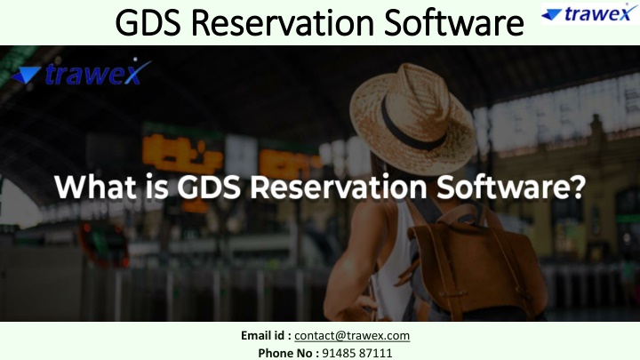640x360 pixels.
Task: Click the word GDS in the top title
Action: (x=148, y=22)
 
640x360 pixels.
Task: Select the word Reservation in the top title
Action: (x=283, y=22)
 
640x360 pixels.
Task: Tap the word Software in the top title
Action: (x=454, y=22)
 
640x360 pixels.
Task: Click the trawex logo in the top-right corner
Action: (x=590, y=13)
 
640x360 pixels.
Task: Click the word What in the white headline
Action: (x=95, y=187)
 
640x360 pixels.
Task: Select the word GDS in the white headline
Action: (x=209, y=187)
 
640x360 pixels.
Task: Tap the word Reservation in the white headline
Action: (x=339, y=187)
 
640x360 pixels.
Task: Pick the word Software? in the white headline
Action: (x=511, y=187)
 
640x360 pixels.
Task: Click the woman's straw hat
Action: (x=413, y=118)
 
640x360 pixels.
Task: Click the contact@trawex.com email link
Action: (x=352, y=335)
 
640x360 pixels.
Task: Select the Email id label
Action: (x=266, y=335)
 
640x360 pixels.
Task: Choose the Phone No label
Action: (x=289, y=353)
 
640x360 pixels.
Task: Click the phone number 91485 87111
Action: (x=357, y=353)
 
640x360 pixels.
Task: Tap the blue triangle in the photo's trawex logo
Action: (x=26, y=75)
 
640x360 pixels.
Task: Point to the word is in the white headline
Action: (x=156, y=187)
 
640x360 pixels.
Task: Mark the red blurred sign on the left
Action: (x=103, y=244)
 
